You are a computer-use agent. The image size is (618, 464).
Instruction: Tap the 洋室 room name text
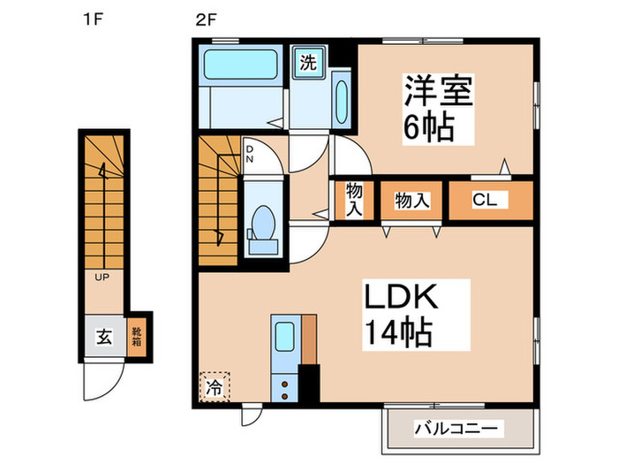click(439, 93)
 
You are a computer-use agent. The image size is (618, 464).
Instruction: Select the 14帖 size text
click(398, 333)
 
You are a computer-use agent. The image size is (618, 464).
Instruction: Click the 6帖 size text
click(429, 129)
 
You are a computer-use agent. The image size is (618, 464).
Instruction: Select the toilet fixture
click(262, 221)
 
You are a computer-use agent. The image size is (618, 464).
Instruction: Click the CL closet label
click(484, 201)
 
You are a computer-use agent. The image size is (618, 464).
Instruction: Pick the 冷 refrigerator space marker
click(215, 385)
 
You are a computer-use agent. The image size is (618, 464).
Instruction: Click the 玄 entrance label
click(103, 336)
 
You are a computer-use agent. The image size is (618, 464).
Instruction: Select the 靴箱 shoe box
click(137, 337)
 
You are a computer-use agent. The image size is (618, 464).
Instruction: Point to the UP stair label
click(103, 277)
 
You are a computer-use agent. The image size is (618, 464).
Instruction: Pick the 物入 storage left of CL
click(411, 201)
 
